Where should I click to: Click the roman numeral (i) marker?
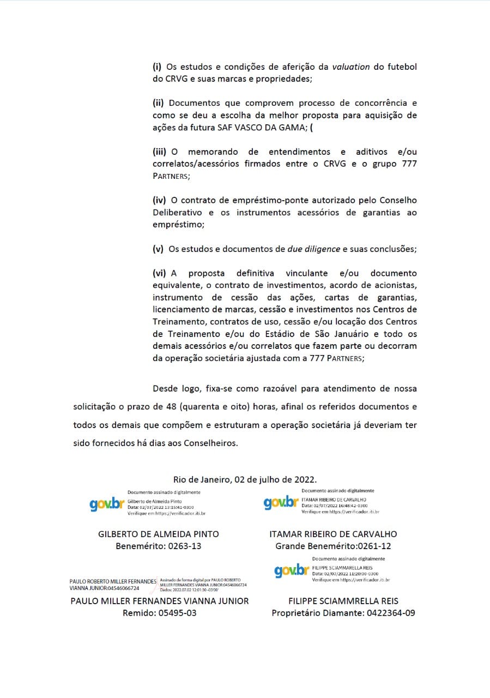157,67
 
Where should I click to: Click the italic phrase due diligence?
313,249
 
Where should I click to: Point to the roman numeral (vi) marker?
160,273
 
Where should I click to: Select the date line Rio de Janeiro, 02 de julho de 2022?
245,479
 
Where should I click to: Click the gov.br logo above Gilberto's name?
107,504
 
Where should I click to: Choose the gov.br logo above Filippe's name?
292,570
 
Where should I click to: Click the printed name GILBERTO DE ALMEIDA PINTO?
159,534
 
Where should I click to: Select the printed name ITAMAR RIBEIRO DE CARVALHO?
333,534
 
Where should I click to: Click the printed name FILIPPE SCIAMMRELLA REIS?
343,601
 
